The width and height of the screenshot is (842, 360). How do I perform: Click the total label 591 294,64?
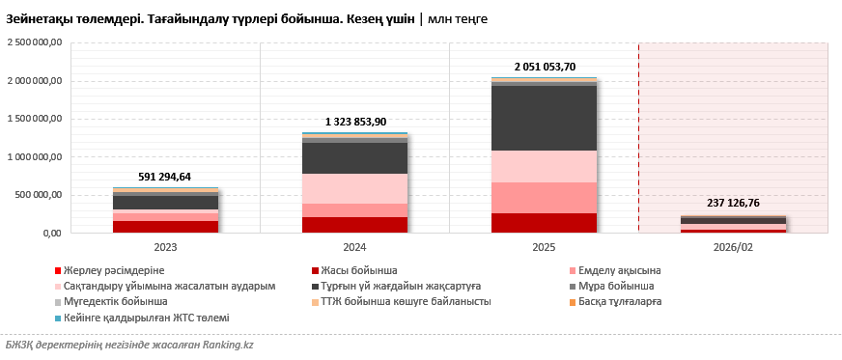165,177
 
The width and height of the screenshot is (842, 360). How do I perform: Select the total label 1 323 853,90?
354,122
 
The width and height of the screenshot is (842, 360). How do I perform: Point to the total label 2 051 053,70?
544,67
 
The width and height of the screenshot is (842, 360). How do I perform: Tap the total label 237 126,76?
734,204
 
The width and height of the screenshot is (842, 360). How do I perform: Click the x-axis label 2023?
165,247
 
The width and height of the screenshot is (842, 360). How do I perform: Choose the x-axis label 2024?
354,247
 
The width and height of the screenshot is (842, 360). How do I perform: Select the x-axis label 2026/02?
734,247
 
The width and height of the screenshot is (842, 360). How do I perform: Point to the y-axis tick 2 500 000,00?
34,42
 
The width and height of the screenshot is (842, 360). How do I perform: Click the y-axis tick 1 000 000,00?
34,156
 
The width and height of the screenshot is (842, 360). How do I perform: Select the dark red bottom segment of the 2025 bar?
544,223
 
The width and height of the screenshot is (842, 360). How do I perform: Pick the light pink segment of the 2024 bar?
354,188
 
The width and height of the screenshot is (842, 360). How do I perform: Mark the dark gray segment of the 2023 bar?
165,203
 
